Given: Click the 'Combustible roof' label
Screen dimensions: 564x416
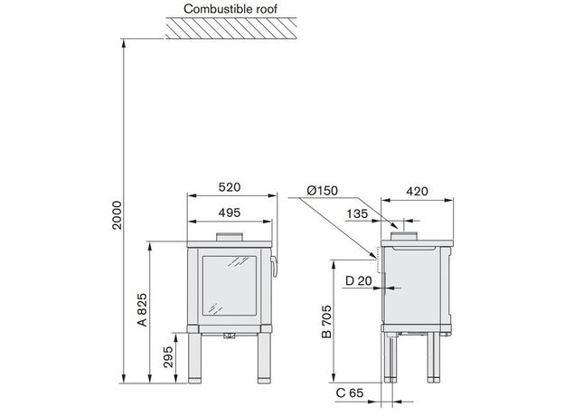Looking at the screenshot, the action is pyautogui.click(x=230, y=9).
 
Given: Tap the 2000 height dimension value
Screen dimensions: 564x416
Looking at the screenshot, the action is pyautogui.click(x=117, y=215).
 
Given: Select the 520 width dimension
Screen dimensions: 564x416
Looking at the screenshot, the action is pyautogui.click(x=230, y=187).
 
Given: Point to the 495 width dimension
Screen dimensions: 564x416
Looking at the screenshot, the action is pyautogui.click(x=230, y=213).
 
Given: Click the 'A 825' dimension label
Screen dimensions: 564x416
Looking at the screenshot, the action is pyautogui.click(x=143, y=309).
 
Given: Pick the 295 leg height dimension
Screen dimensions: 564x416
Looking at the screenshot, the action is pyautogui.click(x=168, y=357).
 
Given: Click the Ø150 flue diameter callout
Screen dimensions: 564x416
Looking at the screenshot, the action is pyautogui.click(x=323, y=191).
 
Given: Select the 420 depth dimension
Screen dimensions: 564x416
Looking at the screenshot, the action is pyautogui.click(x=418, y=191).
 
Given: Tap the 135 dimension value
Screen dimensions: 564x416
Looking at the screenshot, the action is pyautogui.click(x=357, y=213).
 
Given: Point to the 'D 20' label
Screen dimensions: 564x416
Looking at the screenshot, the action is pyautogui.click(x=359, y=280).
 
